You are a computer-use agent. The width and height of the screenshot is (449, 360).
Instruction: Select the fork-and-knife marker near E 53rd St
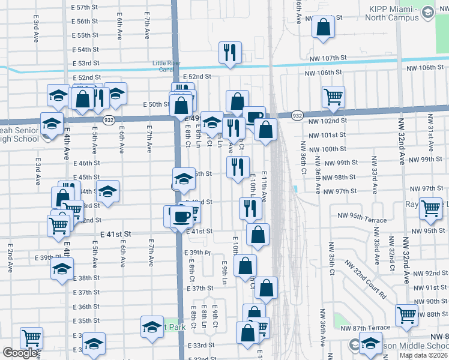(x=230, y=53)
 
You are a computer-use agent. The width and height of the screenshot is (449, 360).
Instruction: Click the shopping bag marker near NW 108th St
(x=324, y=28)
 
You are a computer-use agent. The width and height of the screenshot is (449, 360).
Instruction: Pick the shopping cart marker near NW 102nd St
(x=333, y=96)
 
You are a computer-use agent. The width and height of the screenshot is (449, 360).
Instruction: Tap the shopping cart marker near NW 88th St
(x=407, y=315)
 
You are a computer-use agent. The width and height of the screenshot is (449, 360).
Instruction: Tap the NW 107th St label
(x=325, y=58)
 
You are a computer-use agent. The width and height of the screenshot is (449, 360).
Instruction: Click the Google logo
(x=19, y=353)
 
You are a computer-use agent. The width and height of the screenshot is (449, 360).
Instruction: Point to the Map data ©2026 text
(x=424, y=355)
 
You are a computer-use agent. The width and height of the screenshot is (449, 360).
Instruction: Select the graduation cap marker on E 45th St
(x=184, y=178)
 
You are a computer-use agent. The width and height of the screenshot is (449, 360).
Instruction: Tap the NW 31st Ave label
(x=430, y=139)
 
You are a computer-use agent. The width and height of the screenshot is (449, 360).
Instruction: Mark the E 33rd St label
(x=204, y=346)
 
